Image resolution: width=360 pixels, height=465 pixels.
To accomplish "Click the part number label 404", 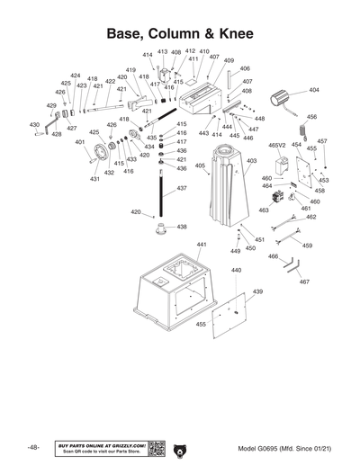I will tap(313, 90).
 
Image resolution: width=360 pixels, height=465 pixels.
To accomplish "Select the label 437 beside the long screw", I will tap(182, 188).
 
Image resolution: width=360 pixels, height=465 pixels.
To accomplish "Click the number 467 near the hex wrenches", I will tap(304, 282).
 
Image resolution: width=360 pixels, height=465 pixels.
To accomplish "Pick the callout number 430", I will tap(34, 125).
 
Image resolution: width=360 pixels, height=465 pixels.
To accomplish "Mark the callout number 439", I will tap(256, 292).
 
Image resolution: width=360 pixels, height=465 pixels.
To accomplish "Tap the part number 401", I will tap(80, 142).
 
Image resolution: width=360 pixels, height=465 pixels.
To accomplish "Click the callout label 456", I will tap(311, 117).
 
